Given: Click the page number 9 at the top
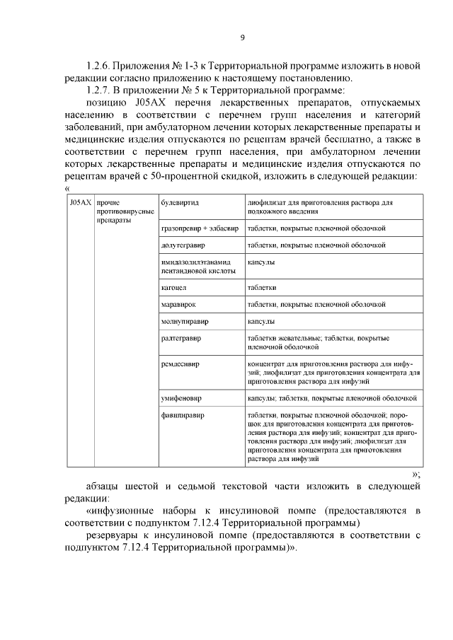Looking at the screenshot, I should pos(243,37).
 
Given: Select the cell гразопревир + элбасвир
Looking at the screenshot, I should pos(200,230).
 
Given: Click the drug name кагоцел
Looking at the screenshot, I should pos(174,288).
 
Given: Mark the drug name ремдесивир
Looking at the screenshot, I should pos(180,364).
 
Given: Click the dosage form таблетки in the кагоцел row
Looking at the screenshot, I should pos(261,288).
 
